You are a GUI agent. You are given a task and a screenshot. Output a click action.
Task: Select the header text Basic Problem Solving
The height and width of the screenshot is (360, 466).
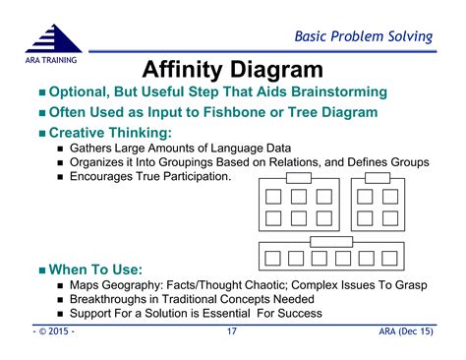pos(364,36)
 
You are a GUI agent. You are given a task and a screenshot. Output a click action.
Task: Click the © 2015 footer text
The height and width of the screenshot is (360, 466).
pos(51,332)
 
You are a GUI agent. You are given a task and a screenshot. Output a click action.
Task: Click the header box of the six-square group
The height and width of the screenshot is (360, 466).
pos(298,178)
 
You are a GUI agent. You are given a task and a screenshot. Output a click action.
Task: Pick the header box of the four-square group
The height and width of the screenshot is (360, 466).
pos(377,178)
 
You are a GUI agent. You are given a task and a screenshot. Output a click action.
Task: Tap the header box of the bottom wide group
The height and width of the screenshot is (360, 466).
pos(331,241)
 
